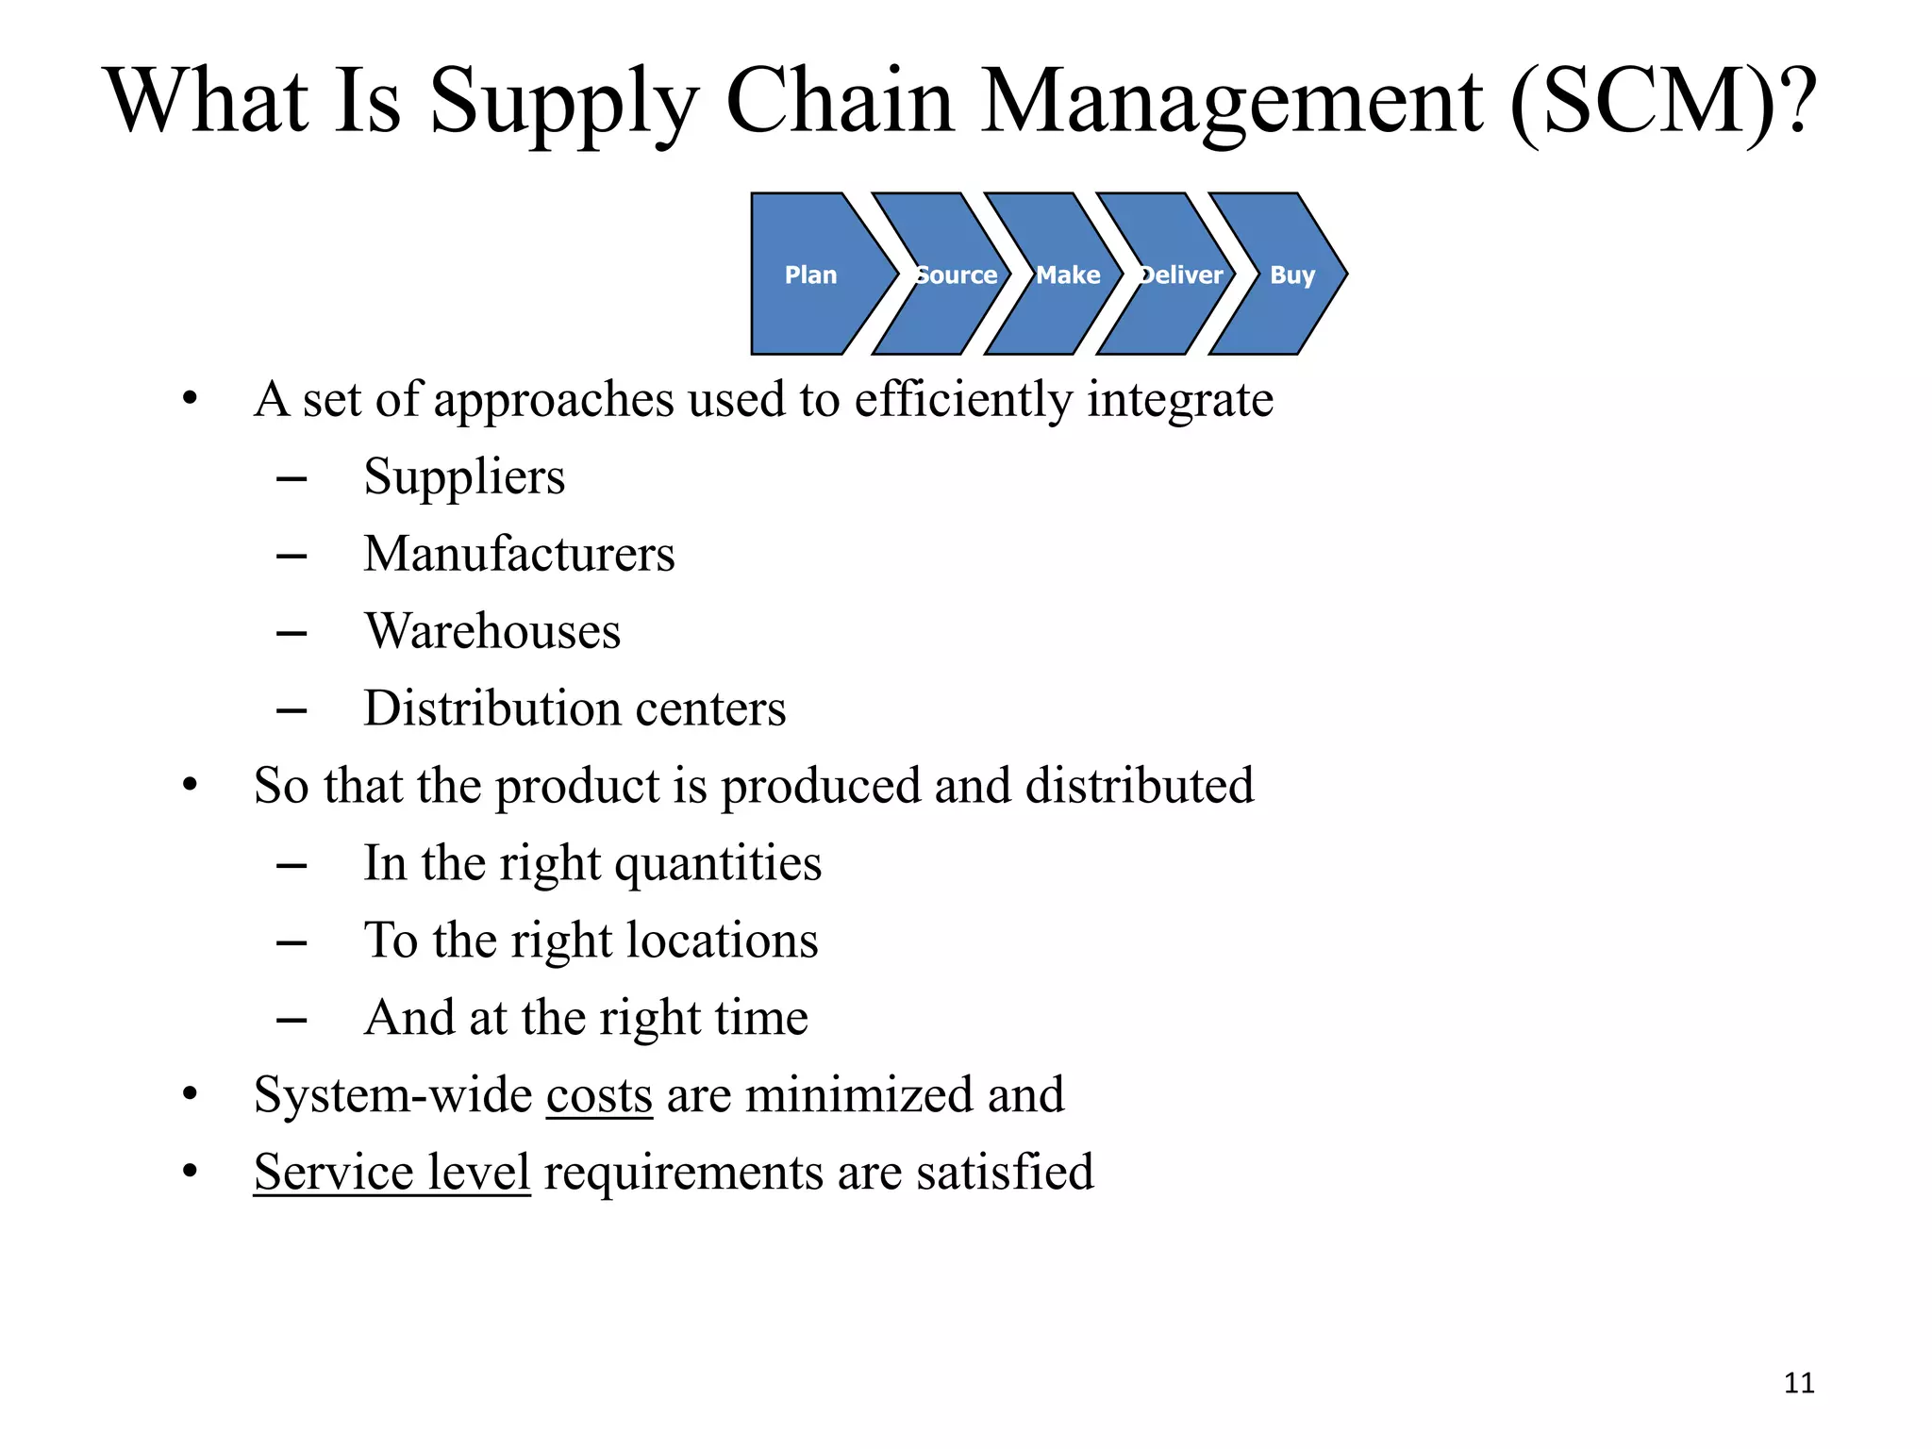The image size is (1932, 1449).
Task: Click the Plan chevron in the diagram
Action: pyautogui.click(x=811, y=275)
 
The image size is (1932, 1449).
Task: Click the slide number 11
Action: pyautogui.click(x=1799, y=1383)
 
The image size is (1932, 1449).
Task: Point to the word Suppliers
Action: pyautogui.click(x=464, y=476)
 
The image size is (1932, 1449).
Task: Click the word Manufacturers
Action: pyautogui.click(x=519, y=554)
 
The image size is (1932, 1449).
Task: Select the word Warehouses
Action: pyautogui.click(x=492, y=631)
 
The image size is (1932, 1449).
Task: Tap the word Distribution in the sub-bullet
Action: pyautogui.click(x=484, y=708)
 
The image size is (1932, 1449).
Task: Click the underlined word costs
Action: pyautogui.click(x=599, y=1095)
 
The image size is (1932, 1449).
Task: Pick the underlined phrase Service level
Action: pyautogui.click(x=391, y=1173)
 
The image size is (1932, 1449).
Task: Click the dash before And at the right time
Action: pyautogui.click(x=291, y=1019)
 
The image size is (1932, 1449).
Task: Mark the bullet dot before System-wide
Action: pyautogui.click(x=191, y=1094)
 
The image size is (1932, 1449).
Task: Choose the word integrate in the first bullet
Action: pyautogui.click(x=1179, y=400)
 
